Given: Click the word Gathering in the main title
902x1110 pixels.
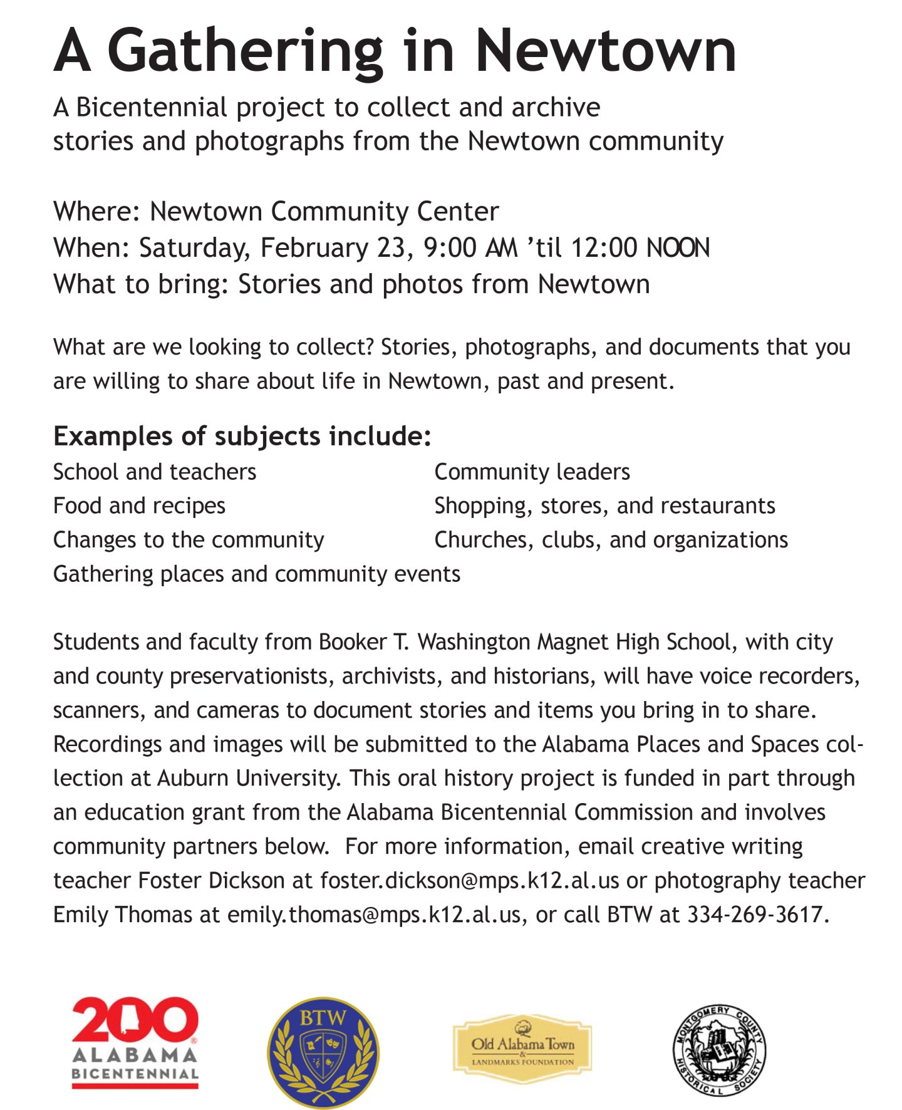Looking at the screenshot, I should [245, 52].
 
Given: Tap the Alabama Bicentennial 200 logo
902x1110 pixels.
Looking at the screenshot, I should [135, 1042].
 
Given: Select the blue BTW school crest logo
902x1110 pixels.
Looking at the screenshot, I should [323, 1052].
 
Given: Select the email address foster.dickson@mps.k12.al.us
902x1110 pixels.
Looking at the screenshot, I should [469, 881].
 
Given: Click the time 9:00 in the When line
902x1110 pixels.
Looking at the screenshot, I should [450, 247].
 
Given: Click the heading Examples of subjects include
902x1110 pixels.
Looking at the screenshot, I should [242, 436].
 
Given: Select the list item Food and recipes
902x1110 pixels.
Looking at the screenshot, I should [139, 506].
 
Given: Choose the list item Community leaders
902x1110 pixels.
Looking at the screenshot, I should [532, 472].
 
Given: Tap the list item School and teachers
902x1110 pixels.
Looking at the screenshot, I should [155, 472].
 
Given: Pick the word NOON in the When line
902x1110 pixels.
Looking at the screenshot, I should [678, 247].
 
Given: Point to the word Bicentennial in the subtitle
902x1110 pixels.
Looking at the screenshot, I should [151, 108].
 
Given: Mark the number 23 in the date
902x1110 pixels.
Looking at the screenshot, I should [391, 247].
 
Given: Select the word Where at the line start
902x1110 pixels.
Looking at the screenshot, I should [94, 212].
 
